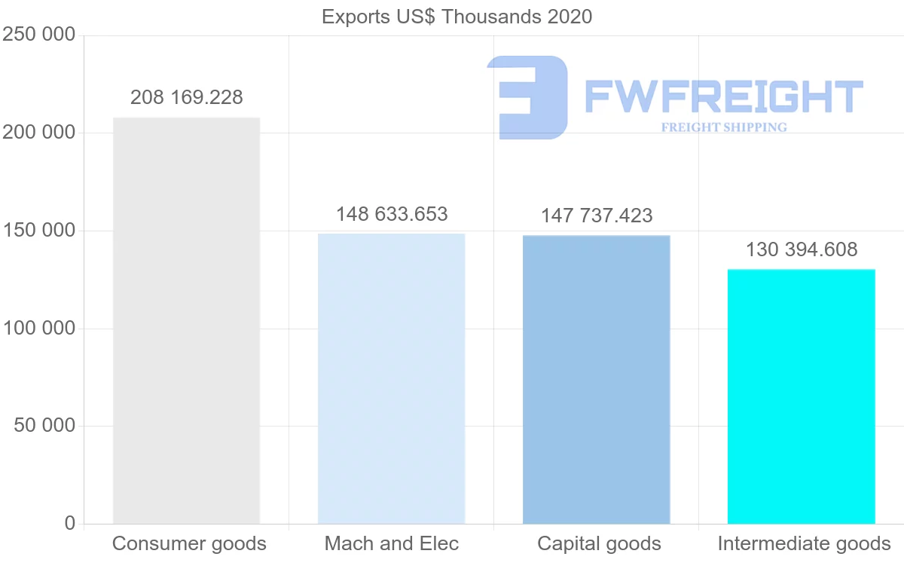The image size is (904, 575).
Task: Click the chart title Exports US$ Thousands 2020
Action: (x=457, y=17)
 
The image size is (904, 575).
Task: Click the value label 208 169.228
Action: (x=186, y=97)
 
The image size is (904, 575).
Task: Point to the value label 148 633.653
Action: (x=392, y=214)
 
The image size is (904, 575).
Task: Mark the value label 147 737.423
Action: (x=597, y=216)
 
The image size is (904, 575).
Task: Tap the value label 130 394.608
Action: (x=802, y=249)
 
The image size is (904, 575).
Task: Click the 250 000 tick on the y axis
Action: (x=39, y=35)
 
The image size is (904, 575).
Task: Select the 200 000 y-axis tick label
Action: (x=39, y=133)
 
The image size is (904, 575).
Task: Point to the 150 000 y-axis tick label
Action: (x=39, y=231)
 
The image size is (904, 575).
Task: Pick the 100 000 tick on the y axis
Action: (x=39, y=329)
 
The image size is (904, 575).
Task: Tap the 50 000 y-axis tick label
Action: (x=45, y=426)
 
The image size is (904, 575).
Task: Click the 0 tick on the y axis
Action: (x=70, y=523)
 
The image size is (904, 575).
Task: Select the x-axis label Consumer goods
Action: (x=189, y=543)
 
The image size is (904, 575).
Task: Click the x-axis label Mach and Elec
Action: (x=392, y=543)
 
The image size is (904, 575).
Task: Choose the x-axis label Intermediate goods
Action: (x=804, y=543)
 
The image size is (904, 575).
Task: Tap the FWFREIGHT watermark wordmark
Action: (x=723, y=96)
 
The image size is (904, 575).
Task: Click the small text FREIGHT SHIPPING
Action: (x=724, y=127)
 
